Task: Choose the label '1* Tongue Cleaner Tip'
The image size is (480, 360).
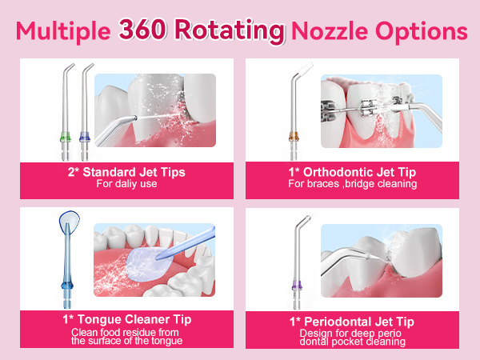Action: point(126,320)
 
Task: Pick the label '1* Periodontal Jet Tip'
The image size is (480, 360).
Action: point(352,320)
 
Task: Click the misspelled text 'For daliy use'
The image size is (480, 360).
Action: point(126,184)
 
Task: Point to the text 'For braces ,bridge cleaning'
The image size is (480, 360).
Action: point(352,184)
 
